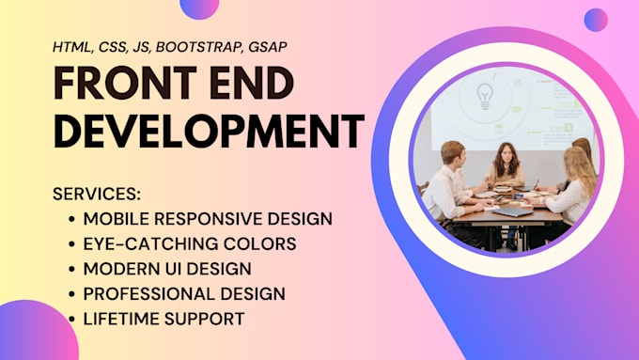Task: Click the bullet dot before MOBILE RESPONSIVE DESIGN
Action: click(73, 219)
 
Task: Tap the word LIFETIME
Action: click(117, 320)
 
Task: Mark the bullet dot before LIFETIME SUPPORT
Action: click(73, 320)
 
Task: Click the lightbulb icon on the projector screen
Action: click(485, 95)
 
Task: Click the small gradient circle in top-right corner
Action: click(596, 20)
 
